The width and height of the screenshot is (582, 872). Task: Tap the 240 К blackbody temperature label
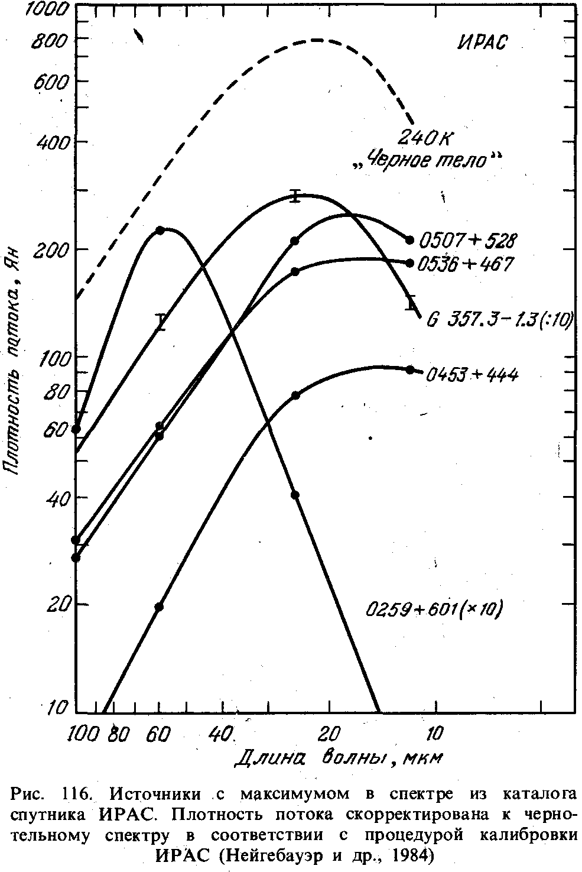[425, 137]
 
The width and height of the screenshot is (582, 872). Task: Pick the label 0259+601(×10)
[434, 610]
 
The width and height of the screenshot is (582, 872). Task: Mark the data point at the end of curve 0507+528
[409, 240]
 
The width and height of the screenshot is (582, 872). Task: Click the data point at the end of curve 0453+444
[410, 369]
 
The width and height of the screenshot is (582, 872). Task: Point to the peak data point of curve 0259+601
[159, 230]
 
